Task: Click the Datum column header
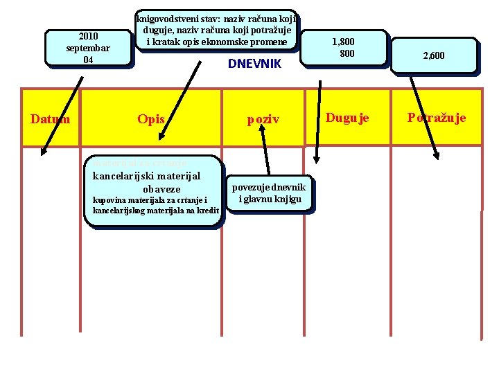(x=51, y=118)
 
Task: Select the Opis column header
(x=150, y=119)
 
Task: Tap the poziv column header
(x=263, y=119)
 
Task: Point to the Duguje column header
(x=347, y=118)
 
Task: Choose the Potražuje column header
(x=437, y=118)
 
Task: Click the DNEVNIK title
(x=254, y=64)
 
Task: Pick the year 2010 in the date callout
(x=88, y=36)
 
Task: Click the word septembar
(x=88, y=48)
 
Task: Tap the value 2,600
(x=433, y=55)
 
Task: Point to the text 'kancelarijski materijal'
(x=146, y=176)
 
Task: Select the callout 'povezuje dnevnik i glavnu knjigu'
(x=268, y=193)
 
